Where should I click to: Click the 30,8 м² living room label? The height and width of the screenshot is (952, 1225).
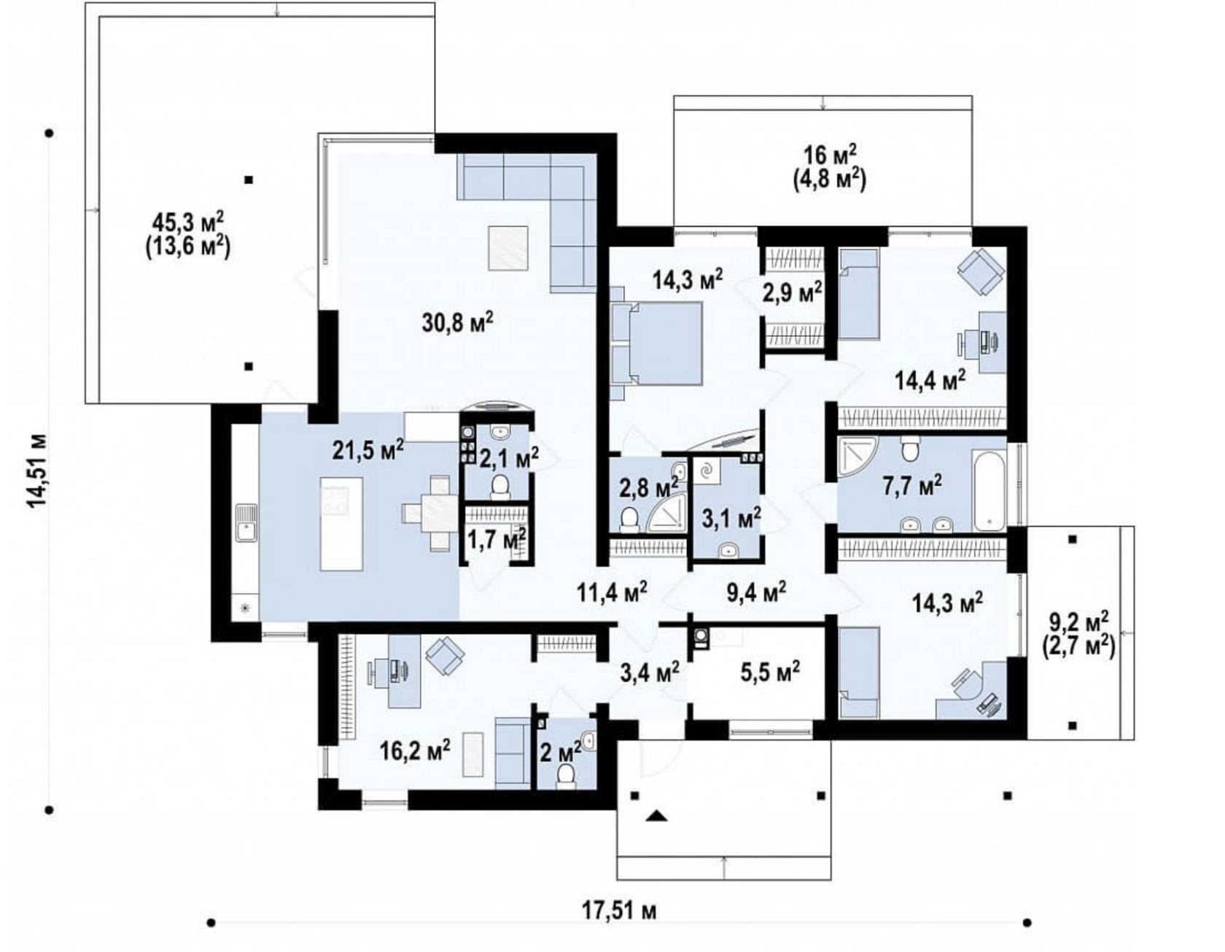click(x=457, y=321)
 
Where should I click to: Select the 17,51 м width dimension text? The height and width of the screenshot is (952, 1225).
click(x=619, y=911)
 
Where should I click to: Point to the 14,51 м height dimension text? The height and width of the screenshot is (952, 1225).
click(x=37, y=471)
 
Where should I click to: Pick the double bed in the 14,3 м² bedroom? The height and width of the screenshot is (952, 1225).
click(x=656, y=343)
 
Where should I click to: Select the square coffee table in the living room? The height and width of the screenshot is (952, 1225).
click(x=508, y=248)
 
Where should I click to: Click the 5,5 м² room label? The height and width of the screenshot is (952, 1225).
click(x=770, y=670)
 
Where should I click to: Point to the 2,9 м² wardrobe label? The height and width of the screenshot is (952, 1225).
click(x=793, y=292)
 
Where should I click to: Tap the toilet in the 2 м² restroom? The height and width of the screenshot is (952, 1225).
click(x=566, y=777)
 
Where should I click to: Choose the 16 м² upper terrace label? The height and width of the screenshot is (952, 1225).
click(x=830, y=155)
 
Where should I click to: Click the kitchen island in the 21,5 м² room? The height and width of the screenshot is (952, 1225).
click(x=342, y=525)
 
